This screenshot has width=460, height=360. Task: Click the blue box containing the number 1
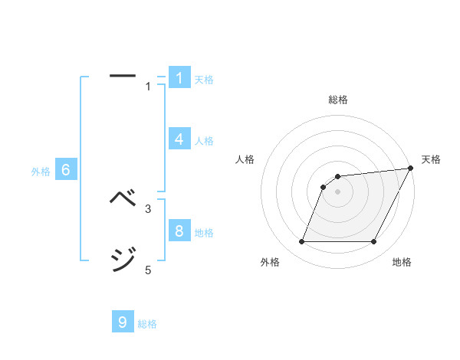pyautogui.click(x=179, y=77)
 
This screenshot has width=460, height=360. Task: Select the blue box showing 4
pyautogui.click(x=179, y=139)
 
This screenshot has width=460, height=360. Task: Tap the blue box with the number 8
pyautogui.click(x=179, y=231)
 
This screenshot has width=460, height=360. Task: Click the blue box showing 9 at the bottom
pyautogui.click(x=123, y=322)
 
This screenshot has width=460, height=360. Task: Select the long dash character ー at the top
pyautogui.click(x=123, y=76)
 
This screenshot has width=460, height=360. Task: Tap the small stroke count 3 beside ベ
pyautogui.click(x=148, y=208)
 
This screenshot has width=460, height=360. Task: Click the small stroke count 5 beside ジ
pyautogui.click(x=148, y=270)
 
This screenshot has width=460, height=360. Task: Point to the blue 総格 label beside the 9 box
pyautogui.click(x=147, y=324)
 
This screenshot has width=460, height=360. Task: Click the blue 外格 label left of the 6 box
pyautogui.click(x=41, y=172)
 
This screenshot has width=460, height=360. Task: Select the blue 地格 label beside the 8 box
pyautogui.click(x=204, y=232)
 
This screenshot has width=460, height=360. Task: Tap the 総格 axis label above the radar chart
pyautogui.click(x=338, y=100)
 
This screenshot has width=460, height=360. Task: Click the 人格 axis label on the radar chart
pyautogui.click(x=245, y=159)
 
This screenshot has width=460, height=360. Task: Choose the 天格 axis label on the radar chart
pyautogui.click(x=431, y=159)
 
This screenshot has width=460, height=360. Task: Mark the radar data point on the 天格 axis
pyautogui.click(x=411, y=168)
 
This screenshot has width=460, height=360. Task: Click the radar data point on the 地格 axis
pyautogui.click(x=373, y=242)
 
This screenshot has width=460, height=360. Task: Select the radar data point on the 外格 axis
pyautogui.click(x=301, y=242)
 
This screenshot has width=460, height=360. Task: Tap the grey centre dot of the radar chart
pyautogui.click(x=337, y=191)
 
